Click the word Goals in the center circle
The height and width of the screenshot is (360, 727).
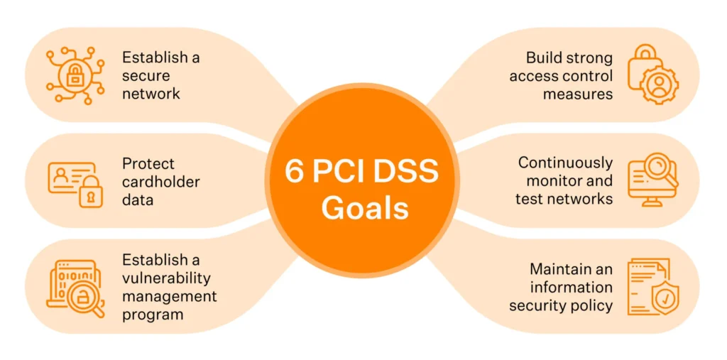pyautogui.click(x=363, y=207)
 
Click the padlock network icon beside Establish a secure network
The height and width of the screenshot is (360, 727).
pyautogui.click(x=75, y=75)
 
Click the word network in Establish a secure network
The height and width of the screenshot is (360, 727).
pyautogui.click(x=151, y=94)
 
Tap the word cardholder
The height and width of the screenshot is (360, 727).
pyautogui.click(x=161, y=182)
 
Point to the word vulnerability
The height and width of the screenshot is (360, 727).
pyautogui.click(x=166, y=278)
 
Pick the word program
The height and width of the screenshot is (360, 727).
pyautogui.click(x=153, y=314)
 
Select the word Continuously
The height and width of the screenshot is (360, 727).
pyautogui.click(x=565, y=163)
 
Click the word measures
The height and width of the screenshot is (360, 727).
pyautogui.click(x=577, y=94)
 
